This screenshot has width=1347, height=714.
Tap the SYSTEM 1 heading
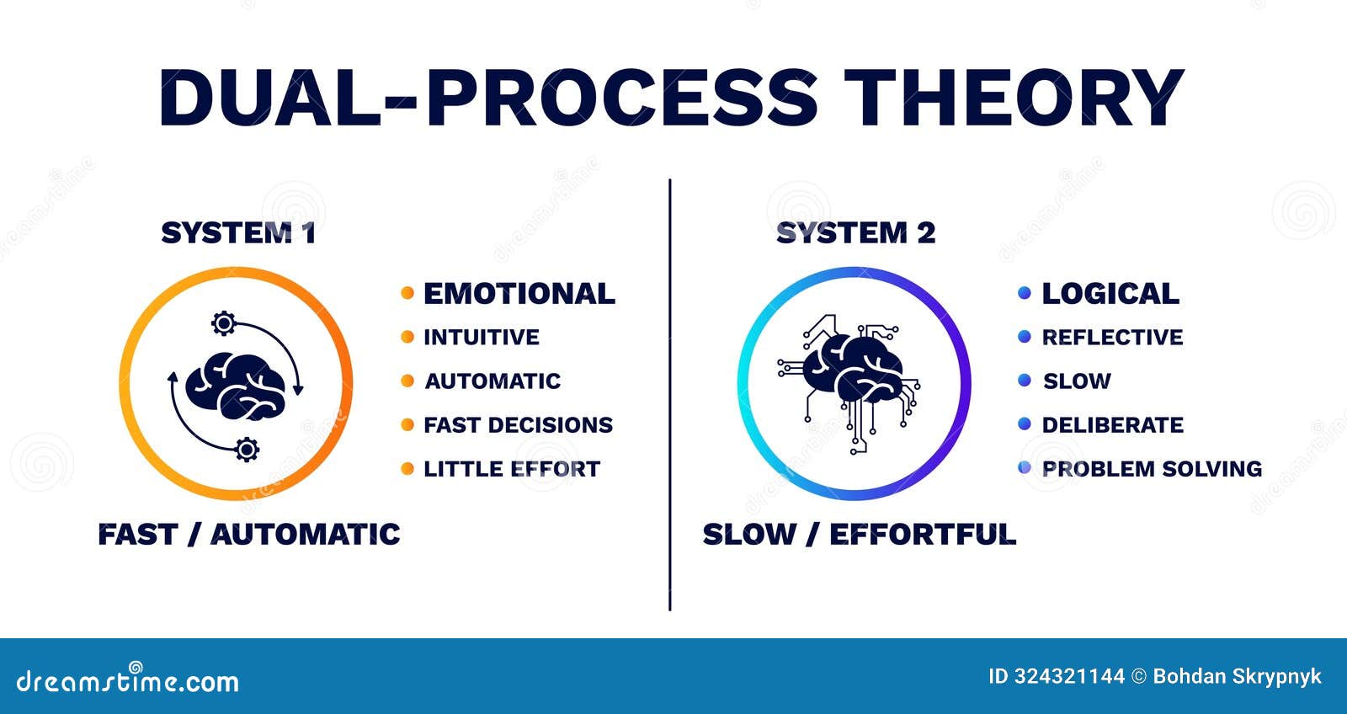(238, 233)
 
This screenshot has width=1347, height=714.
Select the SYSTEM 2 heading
(855, 233)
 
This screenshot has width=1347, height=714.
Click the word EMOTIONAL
(519, 294)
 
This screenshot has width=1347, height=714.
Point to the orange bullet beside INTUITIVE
(407, 337)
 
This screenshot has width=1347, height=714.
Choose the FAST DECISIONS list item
(518, 425)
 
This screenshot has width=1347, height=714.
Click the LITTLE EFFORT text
(512, 469)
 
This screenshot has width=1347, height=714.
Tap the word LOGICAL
(1110, 294)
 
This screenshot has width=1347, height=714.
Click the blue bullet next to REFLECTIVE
(1025, 337)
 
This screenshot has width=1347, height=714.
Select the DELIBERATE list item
(1112, 425)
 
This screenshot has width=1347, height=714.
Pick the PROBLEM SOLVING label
(1152, 469)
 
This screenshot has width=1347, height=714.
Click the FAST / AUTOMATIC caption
(249, 535)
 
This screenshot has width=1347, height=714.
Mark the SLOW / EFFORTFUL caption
(859, 535)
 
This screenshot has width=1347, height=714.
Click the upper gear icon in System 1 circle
(223, 322)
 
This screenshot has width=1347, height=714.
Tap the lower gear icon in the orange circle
(247, 450)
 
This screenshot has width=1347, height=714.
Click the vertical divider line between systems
(670, 396)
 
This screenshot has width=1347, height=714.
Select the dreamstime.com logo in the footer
(128, 680)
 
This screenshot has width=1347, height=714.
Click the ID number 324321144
(1068, 676)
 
